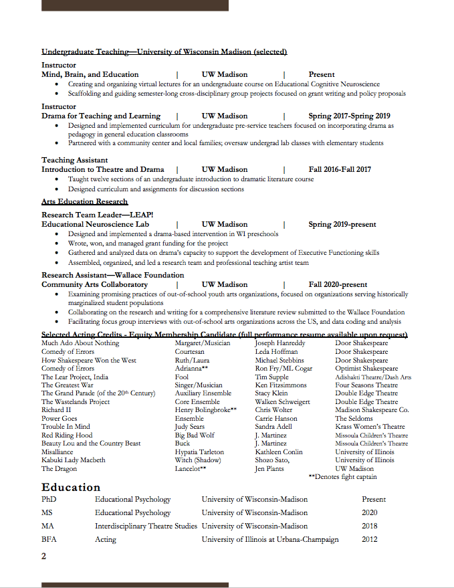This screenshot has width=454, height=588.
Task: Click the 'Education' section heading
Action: pyautogui.click(x=71, y=487)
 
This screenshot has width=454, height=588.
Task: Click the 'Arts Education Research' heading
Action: pyautogui.click(x=84, y=201)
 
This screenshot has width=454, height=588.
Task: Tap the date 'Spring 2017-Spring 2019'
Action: pyautogui.click(x=349, y=116)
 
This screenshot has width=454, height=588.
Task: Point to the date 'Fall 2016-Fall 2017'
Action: pyautogui.click(x=340, y=169)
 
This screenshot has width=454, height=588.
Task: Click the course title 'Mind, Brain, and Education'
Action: pyautogui.click(x=90, y=74)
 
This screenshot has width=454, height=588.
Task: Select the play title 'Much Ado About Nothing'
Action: pyautogui.click(x=80, y=343)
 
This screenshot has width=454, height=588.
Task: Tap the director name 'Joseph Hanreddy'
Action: pyautogui.click(x=280, y=343)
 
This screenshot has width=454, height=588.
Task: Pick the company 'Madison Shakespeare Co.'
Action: pyautogui.click(x=372, y=410)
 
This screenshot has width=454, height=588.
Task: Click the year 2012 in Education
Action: pyautogui.click(x=370, y=539)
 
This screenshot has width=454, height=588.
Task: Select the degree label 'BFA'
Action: pyautogui.click(x=49, y=539)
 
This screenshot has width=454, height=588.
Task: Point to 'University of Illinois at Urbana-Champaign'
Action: pyautogui.click(x=270, y=539)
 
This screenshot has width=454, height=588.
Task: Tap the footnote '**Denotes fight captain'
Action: pyautogui.click(x=342, y=477)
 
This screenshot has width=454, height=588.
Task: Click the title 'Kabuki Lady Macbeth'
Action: pyautogui.click(x=74, y=460)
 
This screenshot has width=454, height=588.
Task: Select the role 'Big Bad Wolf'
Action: pyautogui.click(x=195, y=435)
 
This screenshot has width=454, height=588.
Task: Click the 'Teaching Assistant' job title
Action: pyautogui.click(x=74, y=160)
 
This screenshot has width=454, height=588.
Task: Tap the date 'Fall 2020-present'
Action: pyautogui.click(x=338, y=284)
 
